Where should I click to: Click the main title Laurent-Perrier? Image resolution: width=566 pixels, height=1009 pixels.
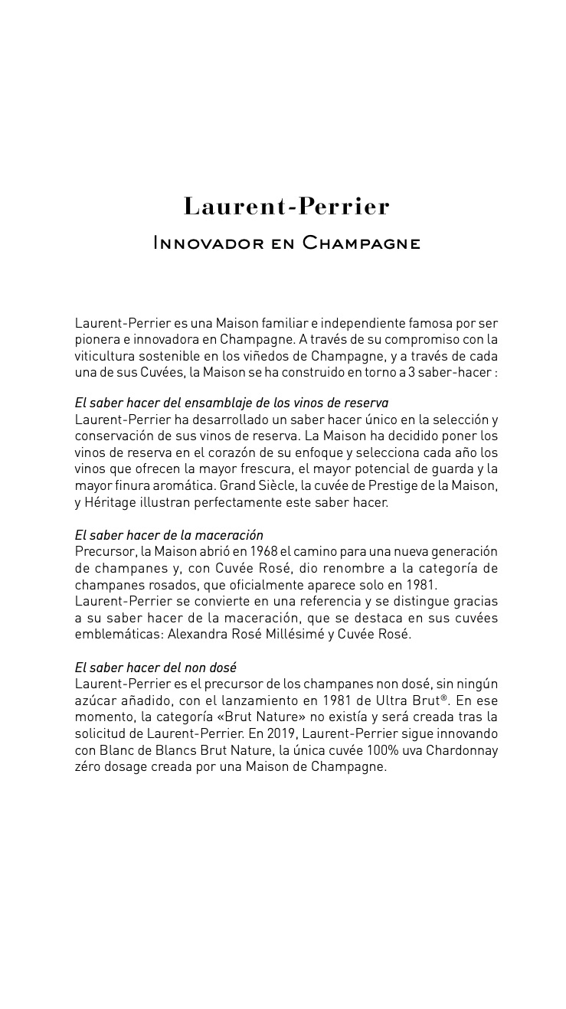tap(286, 207)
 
